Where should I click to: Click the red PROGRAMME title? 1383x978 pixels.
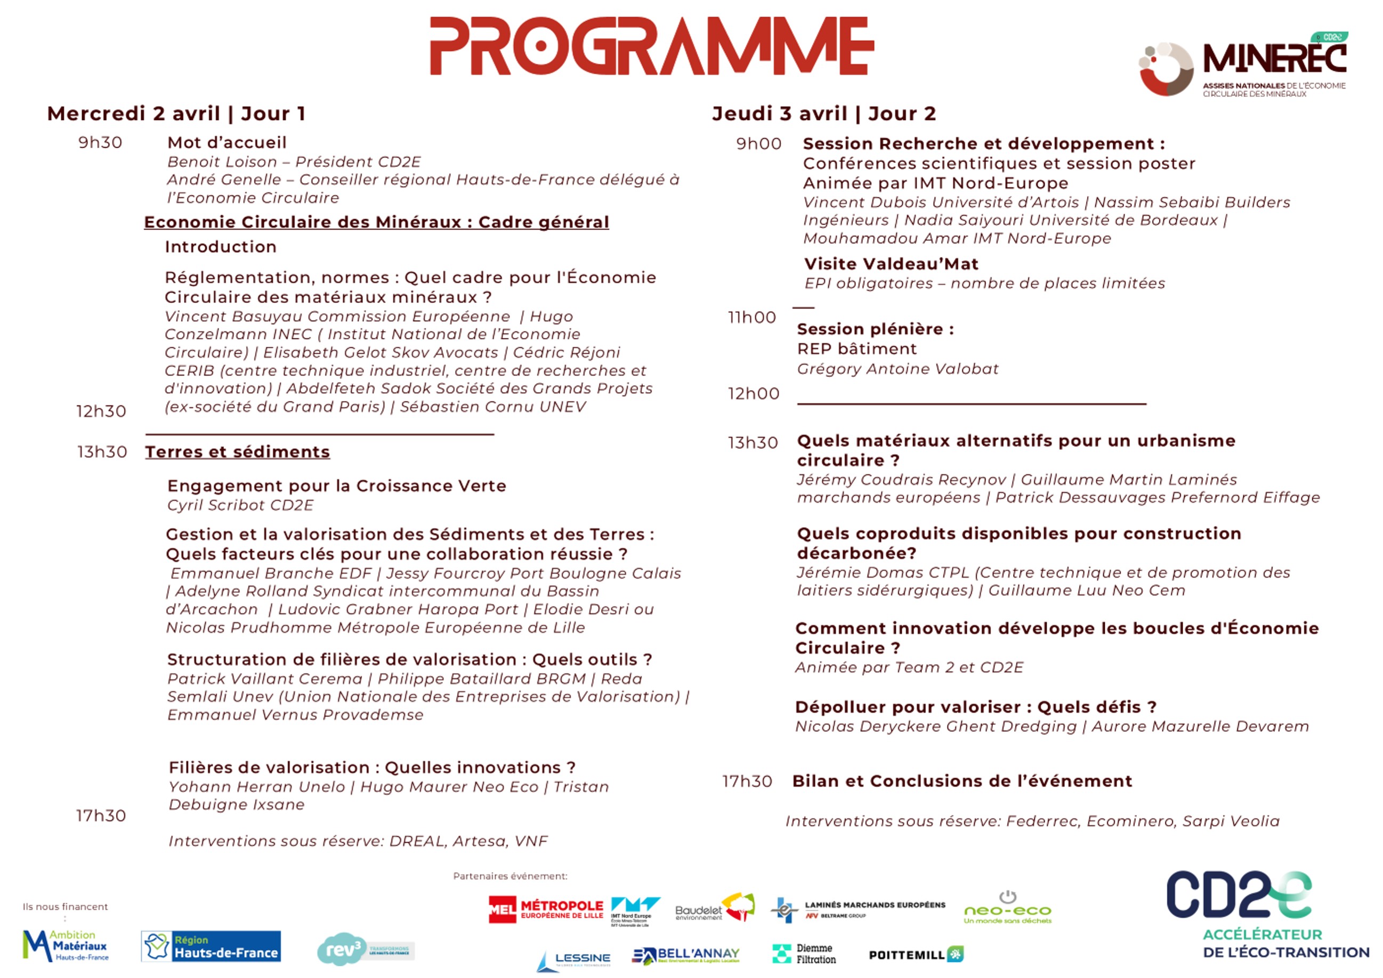click(x=652, y=46)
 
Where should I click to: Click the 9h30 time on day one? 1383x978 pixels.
click(x=100, y=143)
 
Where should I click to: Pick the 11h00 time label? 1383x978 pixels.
click(x=752, y=317)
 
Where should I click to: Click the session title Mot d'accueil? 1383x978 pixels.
click(x=227, y=143)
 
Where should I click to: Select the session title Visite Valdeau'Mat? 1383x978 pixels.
click(x=891, y=264)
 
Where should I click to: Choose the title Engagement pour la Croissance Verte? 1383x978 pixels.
click(x=337, y=486)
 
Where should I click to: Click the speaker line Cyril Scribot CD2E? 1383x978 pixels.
click(x=240, y=505)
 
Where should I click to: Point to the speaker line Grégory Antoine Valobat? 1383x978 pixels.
click(x=897, y=369)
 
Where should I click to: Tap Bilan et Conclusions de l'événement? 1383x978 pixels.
click(x=962, y=781)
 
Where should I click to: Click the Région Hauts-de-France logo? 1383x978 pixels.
click(x=211, y=946)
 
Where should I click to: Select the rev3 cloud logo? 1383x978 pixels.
click(x=365, y=949)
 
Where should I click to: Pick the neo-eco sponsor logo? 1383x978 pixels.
click(x=1007, y=908)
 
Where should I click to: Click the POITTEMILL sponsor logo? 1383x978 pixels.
click(x=916, y=955)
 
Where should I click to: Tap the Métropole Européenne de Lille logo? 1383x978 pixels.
click(x=546, y=909)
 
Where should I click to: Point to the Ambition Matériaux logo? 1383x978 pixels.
click(x=66, y=945)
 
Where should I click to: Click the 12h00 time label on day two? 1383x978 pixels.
click(x=754, y=393)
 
